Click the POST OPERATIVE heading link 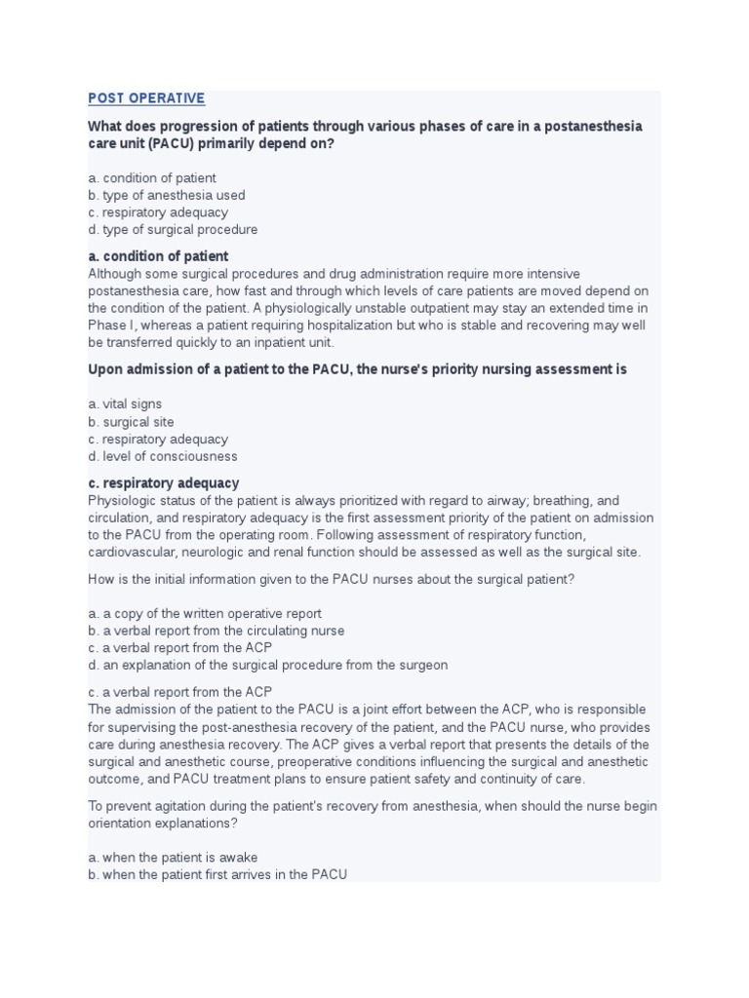(146, 98)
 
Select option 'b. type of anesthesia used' (166, 195)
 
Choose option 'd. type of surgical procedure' (173, 230)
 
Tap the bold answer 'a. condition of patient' (158, 256)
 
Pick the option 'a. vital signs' (125, 403)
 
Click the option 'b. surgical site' (131, 422)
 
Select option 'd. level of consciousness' (162, 456)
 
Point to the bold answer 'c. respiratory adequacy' (163, 482)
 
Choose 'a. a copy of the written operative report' (204, 613)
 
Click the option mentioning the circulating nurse (216, 631)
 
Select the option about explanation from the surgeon (267, 665)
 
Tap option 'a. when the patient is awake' (173, 858)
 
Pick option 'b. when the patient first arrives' (217, 875)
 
